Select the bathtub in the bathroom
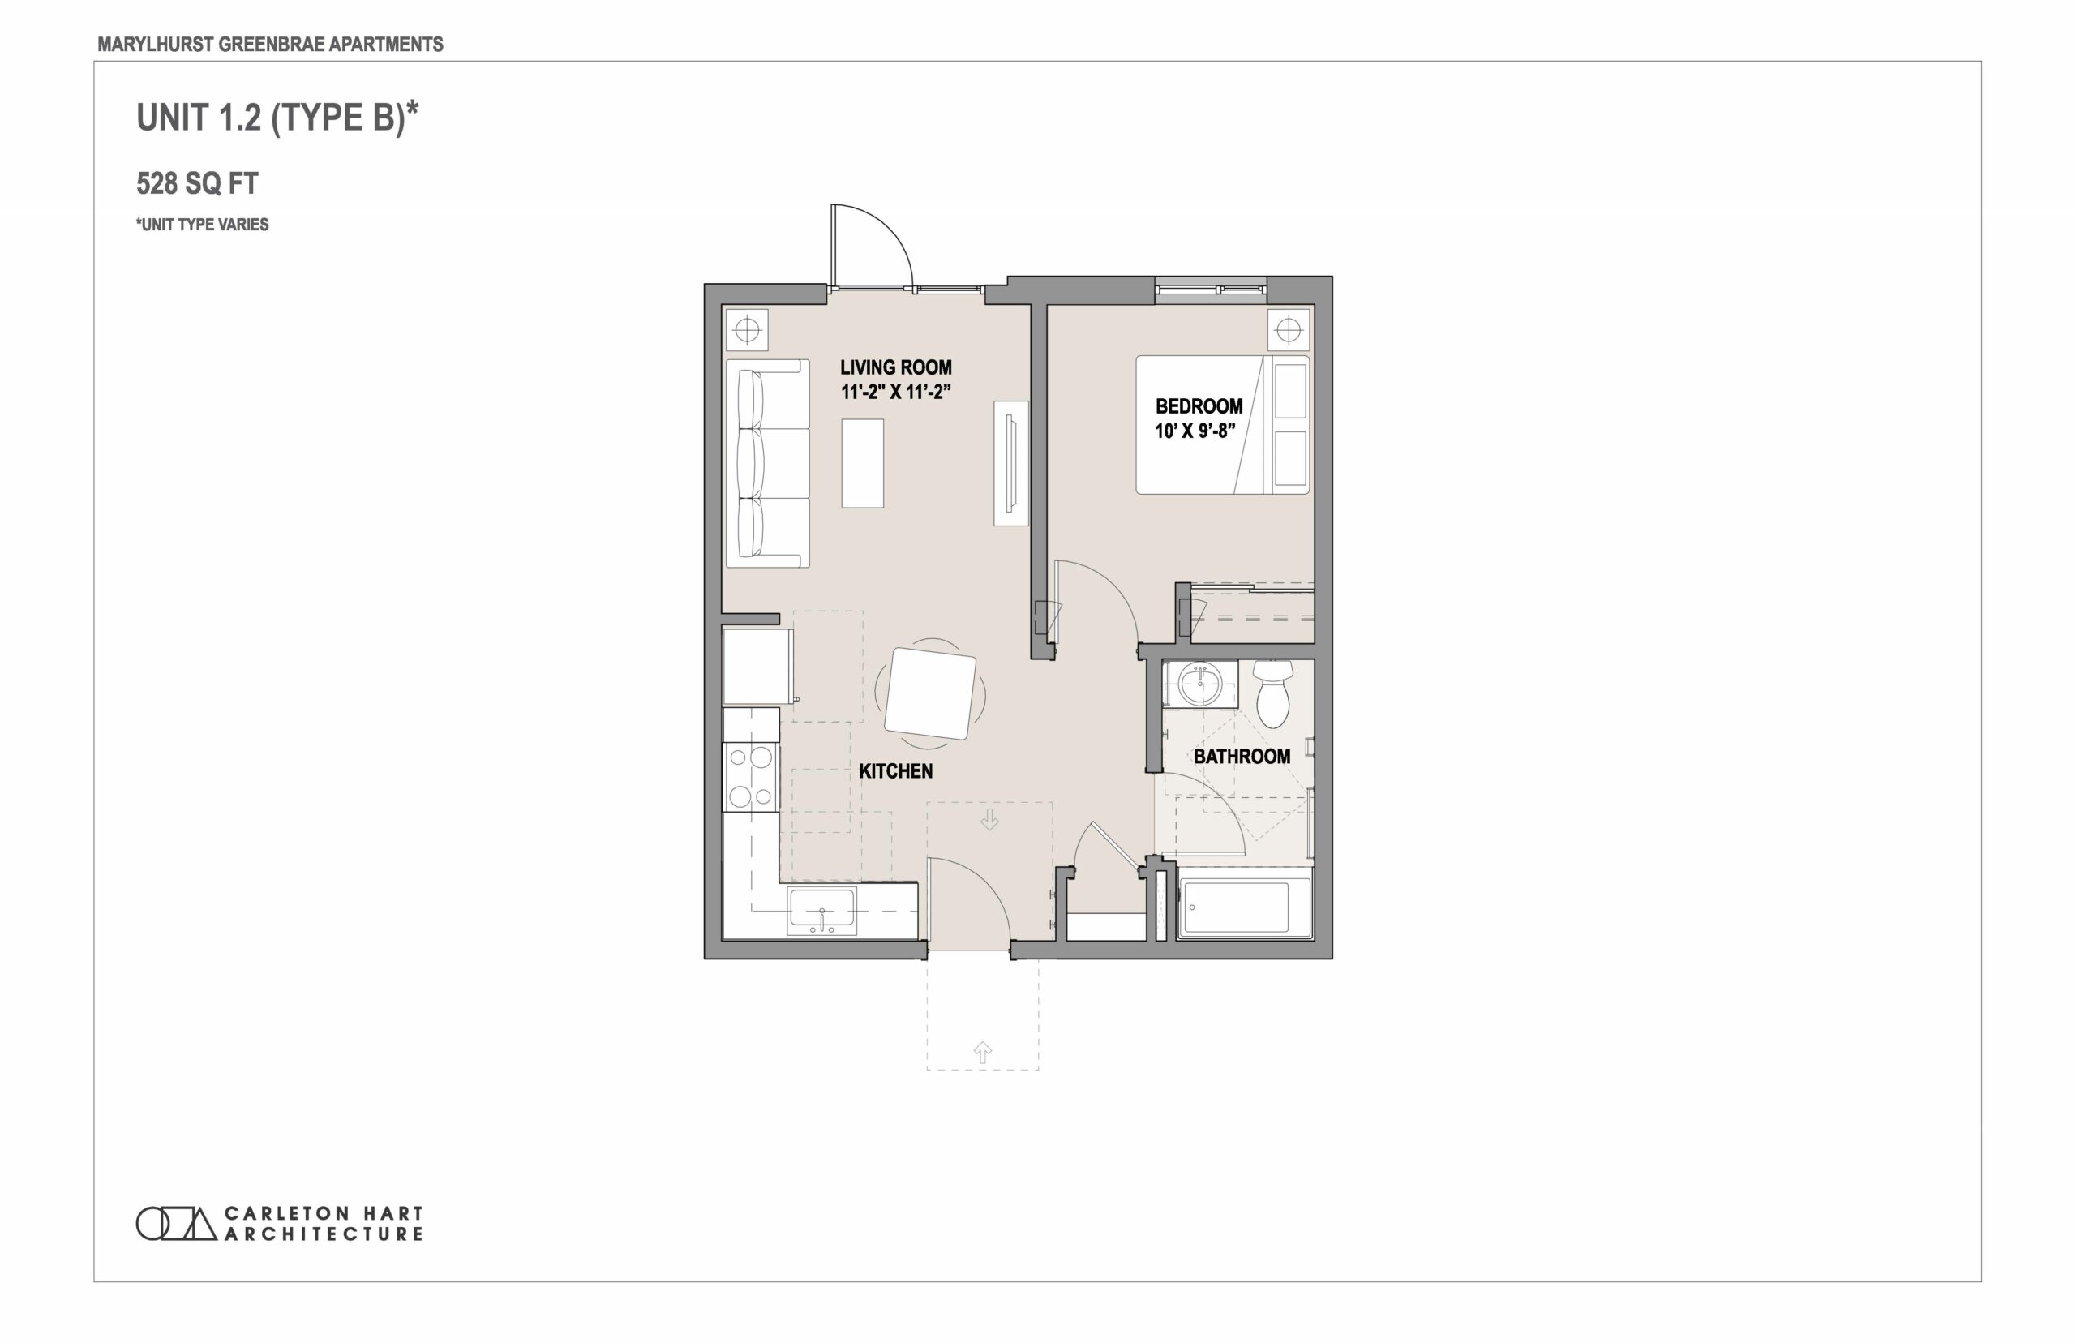tap(1244, 908)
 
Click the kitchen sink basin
tap(821, 911)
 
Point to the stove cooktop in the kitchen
tap(751, 776)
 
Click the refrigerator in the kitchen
tap(757, 667)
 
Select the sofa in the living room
tap(767, 463)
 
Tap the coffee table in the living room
tap(862, 463)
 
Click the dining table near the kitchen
tap(930, 693)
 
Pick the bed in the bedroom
tap(1222, 425)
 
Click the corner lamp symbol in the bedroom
tap(1289, 331)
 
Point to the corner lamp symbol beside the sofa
tap(747, 331)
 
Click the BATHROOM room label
tap(1242, 757)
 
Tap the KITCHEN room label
tap(895, 771)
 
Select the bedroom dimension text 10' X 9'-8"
tap(1195, 431)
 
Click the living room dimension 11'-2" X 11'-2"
tap(895, 392)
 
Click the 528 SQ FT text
tap(197, 183)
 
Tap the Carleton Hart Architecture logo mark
tap(176, 1224)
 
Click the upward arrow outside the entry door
tap(983, 1053)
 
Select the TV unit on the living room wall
tap(1011, 463)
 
